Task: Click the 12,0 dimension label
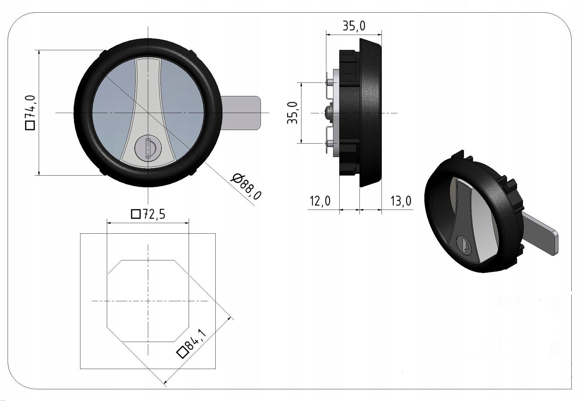tap(320, 201)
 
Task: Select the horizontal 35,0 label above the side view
tap(354, 26)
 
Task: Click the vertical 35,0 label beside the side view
tap(293, 113)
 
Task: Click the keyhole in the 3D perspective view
tap(463, 245)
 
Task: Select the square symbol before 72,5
tap(136, 215)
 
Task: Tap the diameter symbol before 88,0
tap(236, 178)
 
